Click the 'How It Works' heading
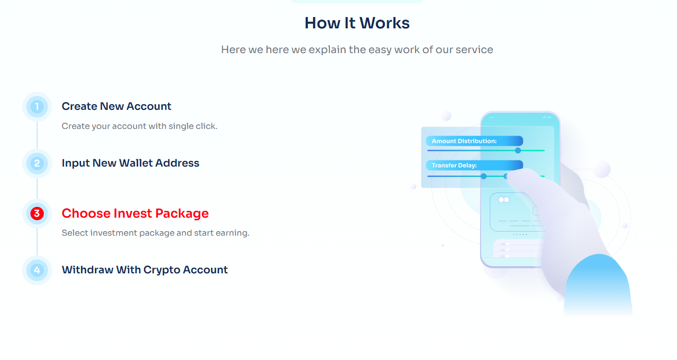(x=357, y=23)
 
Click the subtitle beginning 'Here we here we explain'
(x=357, y=50)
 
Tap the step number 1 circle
(x=37, y=107)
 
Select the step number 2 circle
(x=37, y=163)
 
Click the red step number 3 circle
(x=37, y=214)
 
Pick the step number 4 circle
(x=37, y=270)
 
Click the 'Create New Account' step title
(x=117, y=107)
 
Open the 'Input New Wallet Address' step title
(x=130, y=163)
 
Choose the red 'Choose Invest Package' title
(x=135, y=214)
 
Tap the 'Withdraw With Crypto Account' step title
(x=145, y=270)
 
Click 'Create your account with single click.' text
(x=139, y=126)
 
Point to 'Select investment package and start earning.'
(x=155, y=233)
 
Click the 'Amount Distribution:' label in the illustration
(x=464, y=141)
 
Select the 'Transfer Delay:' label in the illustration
(x=454, y=166)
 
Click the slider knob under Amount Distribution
(x=518, y=151)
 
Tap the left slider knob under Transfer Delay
(x=484, y=176)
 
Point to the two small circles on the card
(x=503, y=200)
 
